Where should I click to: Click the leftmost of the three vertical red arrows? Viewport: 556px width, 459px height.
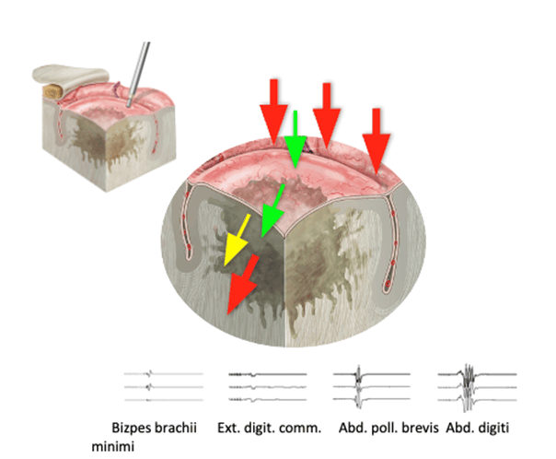pyautogui.click(x=273, y=112)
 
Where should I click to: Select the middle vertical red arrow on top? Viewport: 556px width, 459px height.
pyautogui.click(x=327, y=114)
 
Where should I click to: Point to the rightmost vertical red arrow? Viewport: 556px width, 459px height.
pyautogui.click(x=376, y=140)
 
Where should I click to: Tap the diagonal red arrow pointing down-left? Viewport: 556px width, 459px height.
pyautogui.click(x=243, y=284)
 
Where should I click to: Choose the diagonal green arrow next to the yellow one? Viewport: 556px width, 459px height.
pyautogui.click(x=272, y=210)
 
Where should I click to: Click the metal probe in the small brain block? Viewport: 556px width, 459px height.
pyautogui.click(x=138, y=74)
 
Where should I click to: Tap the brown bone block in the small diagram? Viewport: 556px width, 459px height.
pyautogui.click(x=53, y=91)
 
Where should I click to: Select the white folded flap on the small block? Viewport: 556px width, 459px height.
pyautogui.click(x=70, y=77)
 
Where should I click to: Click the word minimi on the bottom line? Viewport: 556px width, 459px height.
pyautogui.click(x=112, y=446)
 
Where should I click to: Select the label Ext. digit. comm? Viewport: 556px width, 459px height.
pyautogui.click(x=269, y=428)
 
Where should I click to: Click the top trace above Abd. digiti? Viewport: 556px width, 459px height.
pyautogui.click(x=477, y=374)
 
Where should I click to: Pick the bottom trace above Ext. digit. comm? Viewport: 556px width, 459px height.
pyautogui.click(x=268, y=400)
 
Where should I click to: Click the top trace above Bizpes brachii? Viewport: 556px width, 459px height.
pyautogui.click(x=164, y=374)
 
